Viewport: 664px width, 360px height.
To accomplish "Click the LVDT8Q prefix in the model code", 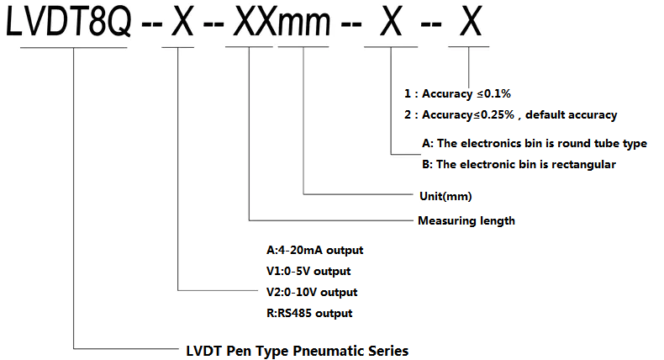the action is (69, 21).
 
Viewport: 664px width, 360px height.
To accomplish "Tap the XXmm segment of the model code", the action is (282, 21).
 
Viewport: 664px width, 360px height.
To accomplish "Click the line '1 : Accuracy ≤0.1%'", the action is (457, 93).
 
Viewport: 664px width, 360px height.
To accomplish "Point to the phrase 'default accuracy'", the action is (572, 115).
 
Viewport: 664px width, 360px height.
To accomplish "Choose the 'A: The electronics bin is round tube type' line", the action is (535, 143).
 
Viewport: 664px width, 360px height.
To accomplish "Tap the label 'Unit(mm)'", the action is (445, 196).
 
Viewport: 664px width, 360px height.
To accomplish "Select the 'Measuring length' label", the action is (466, 220).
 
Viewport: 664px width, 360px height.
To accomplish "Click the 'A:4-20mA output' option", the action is (314, 250).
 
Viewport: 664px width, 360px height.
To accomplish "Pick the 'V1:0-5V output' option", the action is (308, 271).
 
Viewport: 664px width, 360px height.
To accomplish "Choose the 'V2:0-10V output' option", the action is (312, 292).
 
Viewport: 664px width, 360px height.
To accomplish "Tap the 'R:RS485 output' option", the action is (309, 314).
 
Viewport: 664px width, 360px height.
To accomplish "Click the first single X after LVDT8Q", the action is (182, 21).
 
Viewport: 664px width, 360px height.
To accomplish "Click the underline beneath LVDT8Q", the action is (74, 47).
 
